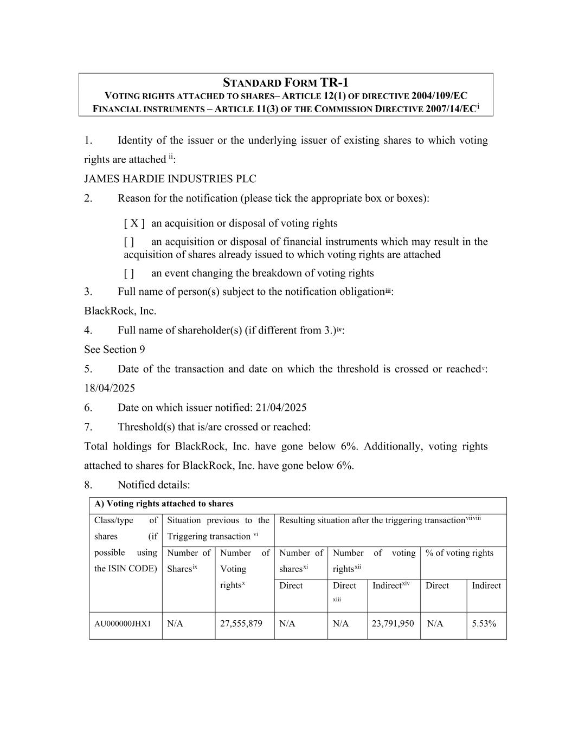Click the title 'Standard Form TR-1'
pos(286,83)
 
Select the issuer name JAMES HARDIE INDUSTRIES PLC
pos(170,179)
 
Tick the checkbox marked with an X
pos(134,223)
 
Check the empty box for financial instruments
pos(129,242)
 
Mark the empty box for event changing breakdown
pos(129,273)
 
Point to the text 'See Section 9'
pos(114,350)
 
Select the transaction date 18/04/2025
pos(110,388)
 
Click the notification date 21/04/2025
pos(285,408)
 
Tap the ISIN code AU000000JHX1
pos(123,624)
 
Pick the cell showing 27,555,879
pos(241,623)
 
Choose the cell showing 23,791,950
pos(393,623)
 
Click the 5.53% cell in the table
pos(484,623)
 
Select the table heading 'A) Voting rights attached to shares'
pos(164,504)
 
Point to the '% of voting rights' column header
pos(459,553)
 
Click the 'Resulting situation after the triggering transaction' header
pos(372,520)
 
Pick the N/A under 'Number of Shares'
pos(175,623)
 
